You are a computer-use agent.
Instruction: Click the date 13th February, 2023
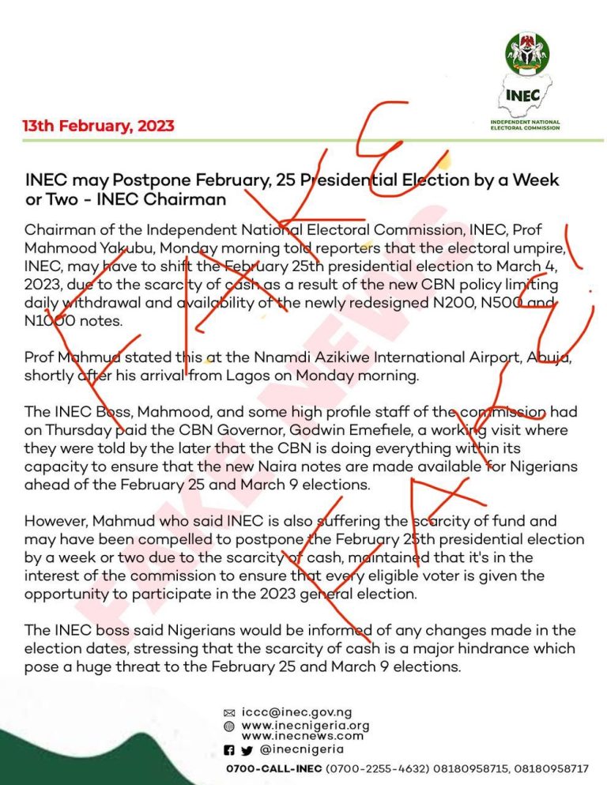99,126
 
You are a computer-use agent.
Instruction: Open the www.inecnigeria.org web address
305,725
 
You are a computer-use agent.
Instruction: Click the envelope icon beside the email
229,713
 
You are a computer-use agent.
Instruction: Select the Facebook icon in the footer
228,750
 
